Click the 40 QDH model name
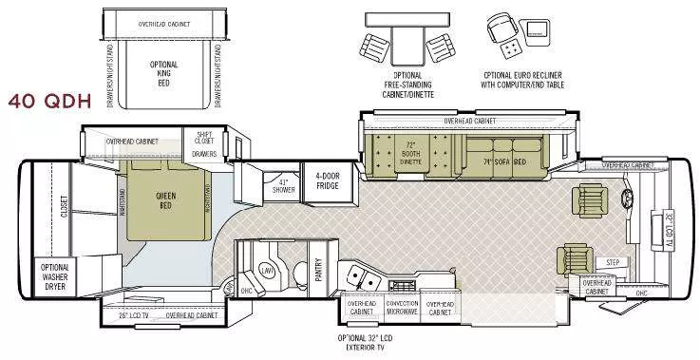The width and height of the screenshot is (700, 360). pyautogui.click(x=48, y=102)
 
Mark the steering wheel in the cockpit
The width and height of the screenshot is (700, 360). pyautogui.click(x=628, y=199)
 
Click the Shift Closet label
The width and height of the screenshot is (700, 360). pyautogui.click(x=204, y=139)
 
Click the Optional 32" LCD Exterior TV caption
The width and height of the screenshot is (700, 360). pyautogui.click(x=364, y=343)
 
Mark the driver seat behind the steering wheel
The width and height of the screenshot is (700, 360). pyautogui.click(x=586, y=198)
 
